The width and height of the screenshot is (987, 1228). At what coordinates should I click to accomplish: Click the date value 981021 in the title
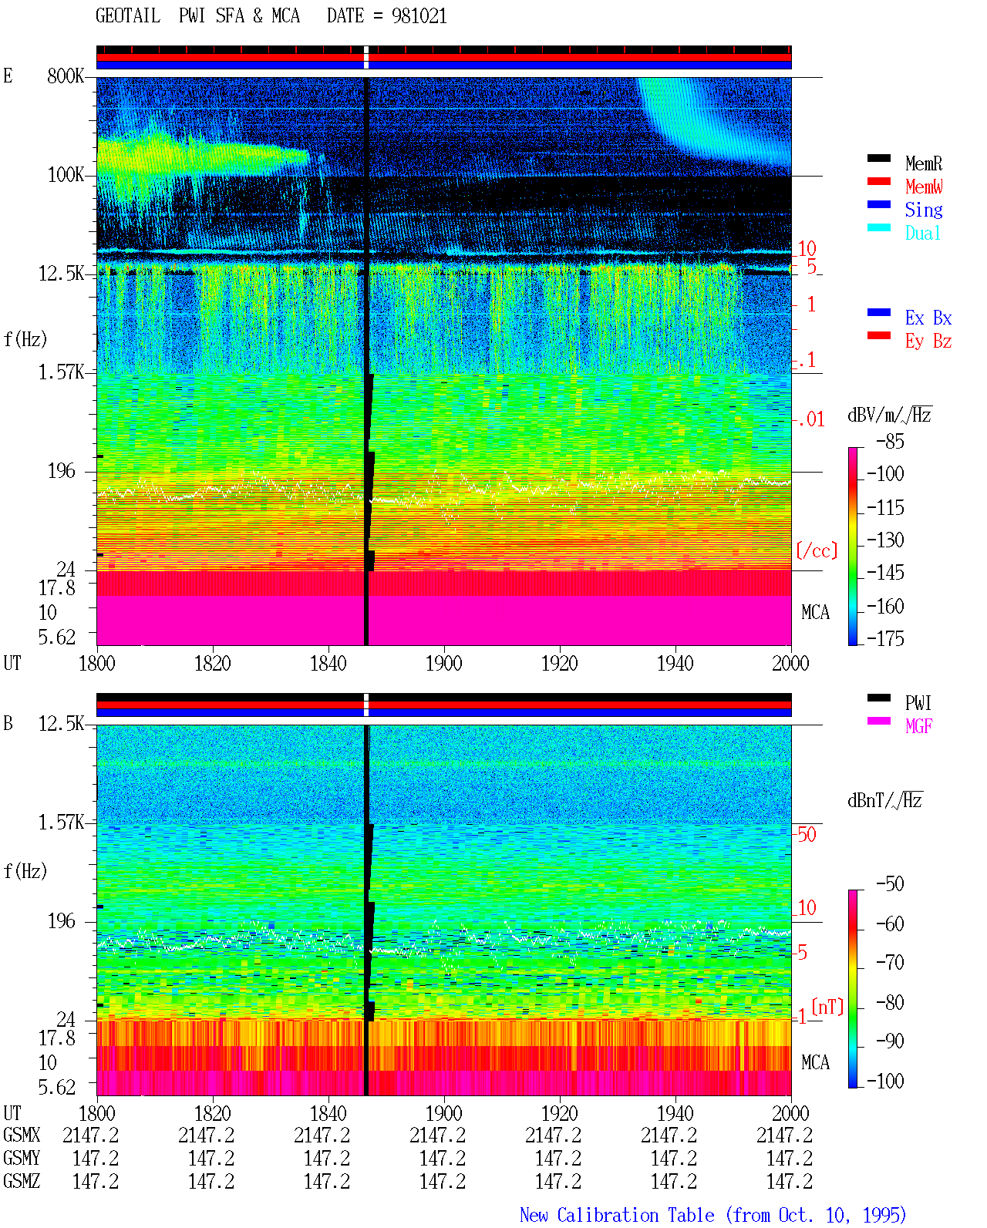pos(419,16)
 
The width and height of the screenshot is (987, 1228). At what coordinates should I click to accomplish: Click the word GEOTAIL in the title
pos(128,16)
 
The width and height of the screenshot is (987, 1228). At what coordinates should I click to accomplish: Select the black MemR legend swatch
pos(878,158)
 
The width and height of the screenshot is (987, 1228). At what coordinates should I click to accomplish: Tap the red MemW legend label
pos(924,186)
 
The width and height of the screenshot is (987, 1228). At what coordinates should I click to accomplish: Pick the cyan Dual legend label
pos(923,233)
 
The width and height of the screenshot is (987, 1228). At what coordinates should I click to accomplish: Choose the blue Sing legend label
pos(924,210)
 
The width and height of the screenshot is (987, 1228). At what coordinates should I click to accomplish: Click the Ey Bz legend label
pos(928,341)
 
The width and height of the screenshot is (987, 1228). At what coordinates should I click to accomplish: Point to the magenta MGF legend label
pos(919,726)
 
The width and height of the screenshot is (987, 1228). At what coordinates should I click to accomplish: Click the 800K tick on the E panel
pos(66,76)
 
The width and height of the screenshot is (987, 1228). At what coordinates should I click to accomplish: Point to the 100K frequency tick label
pos(66,175)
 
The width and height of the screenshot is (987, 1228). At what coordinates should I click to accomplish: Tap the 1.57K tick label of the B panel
pos(61,823)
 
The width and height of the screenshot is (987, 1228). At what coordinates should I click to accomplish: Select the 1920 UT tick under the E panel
pos(560,663)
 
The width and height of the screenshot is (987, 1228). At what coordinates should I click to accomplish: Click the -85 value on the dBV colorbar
pos(890,441)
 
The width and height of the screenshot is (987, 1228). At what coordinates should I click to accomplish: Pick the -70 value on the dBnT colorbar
pos(890,962)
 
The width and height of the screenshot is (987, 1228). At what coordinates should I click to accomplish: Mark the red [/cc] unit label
pos(817,550)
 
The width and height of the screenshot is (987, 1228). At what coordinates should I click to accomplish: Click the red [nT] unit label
pos(827,1006)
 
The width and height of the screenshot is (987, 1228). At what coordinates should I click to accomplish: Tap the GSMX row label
pos(22,1135)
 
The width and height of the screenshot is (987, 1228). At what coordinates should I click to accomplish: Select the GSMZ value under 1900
pos(443,1181)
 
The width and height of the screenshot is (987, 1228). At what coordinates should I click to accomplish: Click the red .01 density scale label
pos(812,419)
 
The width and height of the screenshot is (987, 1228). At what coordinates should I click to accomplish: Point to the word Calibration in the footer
pos(635,1215)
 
